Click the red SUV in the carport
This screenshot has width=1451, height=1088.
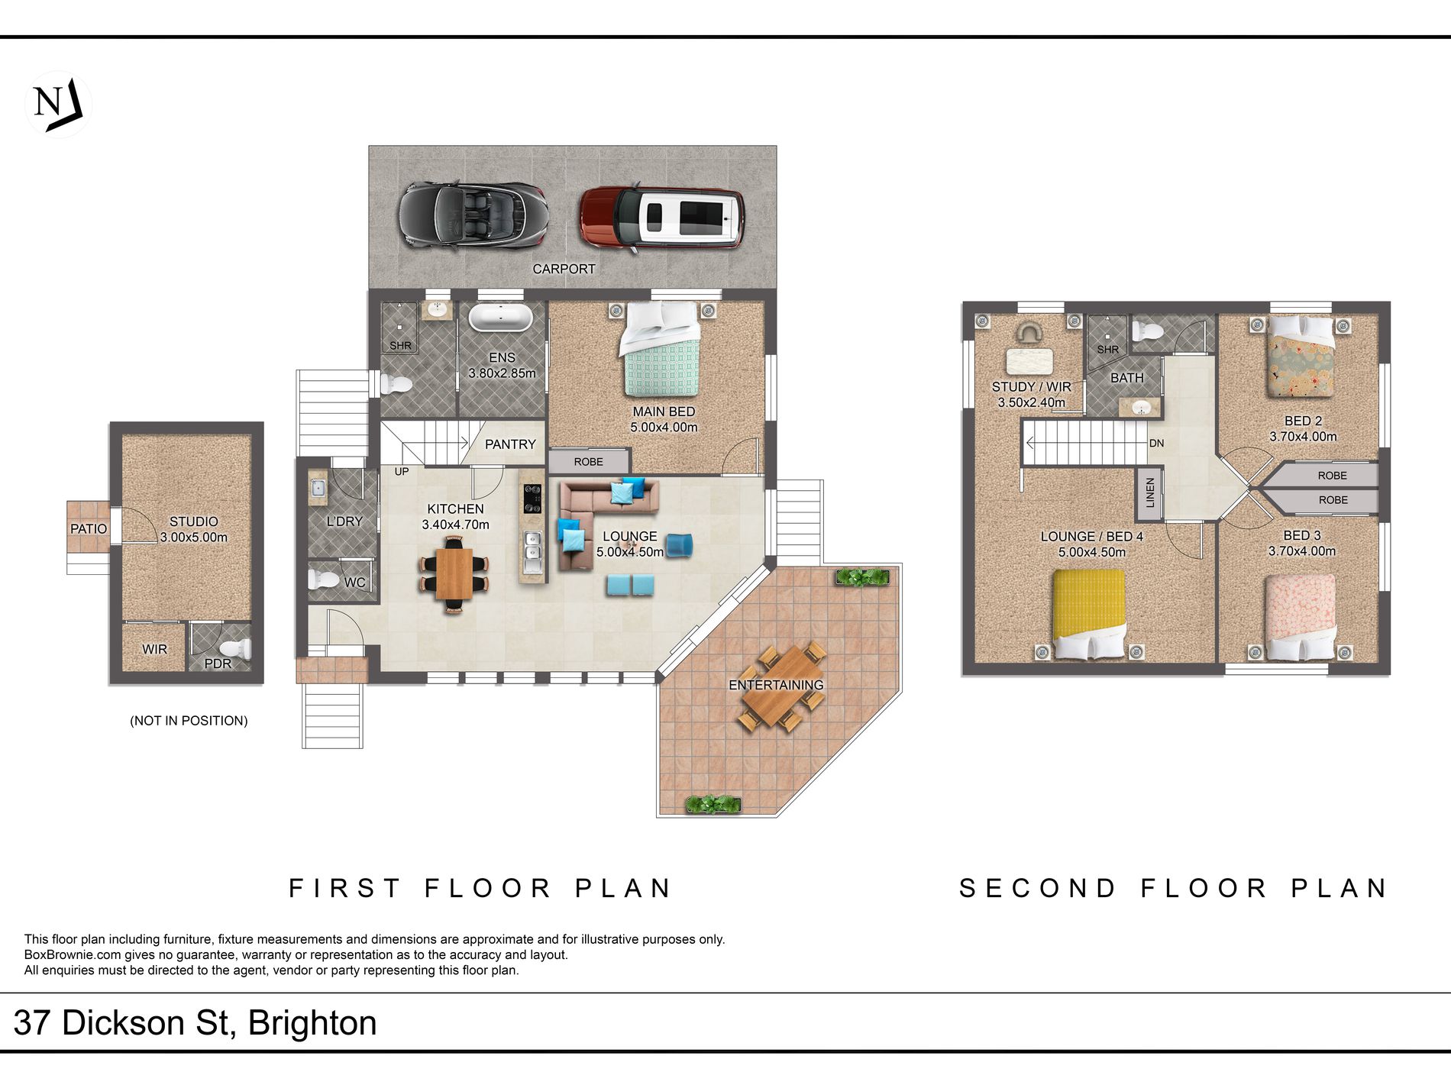661,218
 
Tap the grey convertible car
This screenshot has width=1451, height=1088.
473,215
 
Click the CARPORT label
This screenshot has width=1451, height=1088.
564,269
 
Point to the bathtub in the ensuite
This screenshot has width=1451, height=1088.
500,318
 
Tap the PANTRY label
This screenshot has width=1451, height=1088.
510,444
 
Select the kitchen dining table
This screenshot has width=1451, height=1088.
454,574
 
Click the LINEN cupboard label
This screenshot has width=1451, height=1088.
1150,492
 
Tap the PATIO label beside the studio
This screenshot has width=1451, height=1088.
89,528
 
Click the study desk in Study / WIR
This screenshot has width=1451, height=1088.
1029,360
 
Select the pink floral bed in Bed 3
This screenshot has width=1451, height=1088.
1301,617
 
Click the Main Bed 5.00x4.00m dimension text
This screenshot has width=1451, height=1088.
664,428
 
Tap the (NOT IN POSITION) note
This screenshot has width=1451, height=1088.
189,721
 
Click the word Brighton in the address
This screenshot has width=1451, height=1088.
312,1023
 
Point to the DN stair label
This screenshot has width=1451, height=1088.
1156,444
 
